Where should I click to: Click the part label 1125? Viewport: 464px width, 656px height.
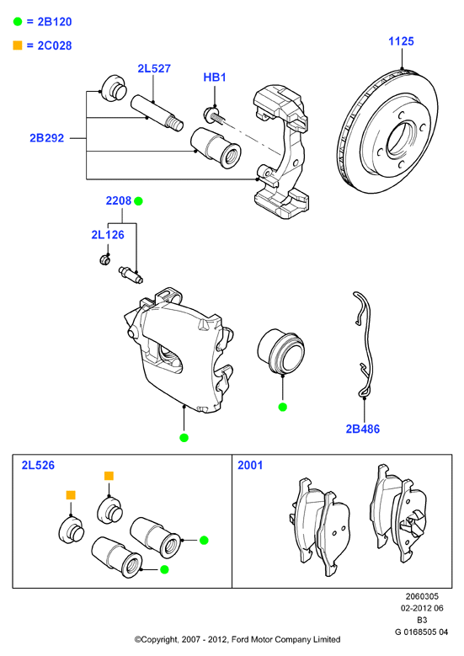coord(401,41)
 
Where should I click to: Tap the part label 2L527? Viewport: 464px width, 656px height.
coord(154,68)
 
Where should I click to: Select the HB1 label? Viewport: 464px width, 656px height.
coord(214,77)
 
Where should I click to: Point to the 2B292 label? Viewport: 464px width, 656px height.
coord(46,137)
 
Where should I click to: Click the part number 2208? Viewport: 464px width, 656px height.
coord(119,200)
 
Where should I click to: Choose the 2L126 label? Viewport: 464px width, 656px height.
coord(108,235)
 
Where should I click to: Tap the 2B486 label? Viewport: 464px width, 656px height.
coord(362,429)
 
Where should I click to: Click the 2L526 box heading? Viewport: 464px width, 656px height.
coord(38,465)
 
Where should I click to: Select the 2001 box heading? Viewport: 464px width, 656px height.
coord(250,465)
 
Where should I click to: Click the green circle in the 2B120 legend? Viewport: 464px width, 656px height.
coord(18,21)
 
